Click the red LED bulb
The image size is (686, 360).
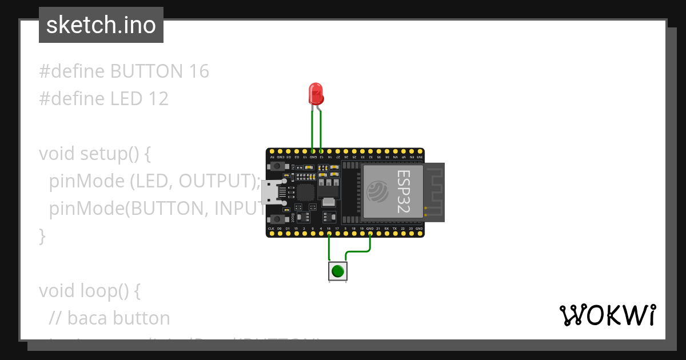pyautogui.click(x=316, y=93)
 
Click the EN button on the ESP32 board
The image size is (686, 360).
pyautogui.click(x=277, y=166)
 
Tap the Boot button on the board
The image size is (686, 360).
pyautogui.click(x=277, y=219)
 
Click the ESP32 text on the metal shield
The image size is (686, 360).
pyautogui.click(x=404, y=191)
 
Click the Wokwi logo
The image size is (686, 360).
pyautogui.click(x=607, y=315)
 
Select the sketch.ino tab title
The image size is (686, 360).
pyautogui.click(x=101, y=25)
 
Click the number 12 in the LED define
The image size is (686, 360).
pyautogui.click(x=158, y=99)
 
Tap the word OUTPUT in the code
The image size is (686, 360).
pyautogui.click(x=216, y=181)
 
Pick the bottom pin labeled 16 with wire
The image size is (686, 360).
pyautogui.click(x=329, y=233)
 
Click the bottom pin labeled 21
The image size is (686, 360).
pyautogui.click(x=378, y=233)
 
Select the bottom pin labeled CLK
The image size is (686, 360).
pyautogui.click(x=271, y=233)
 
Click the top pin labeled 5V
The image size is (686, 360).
pyautogui.click(x=272, y=153)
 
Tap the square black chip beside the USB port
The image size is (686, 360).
pyautogui.click(x=306, y=192)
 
